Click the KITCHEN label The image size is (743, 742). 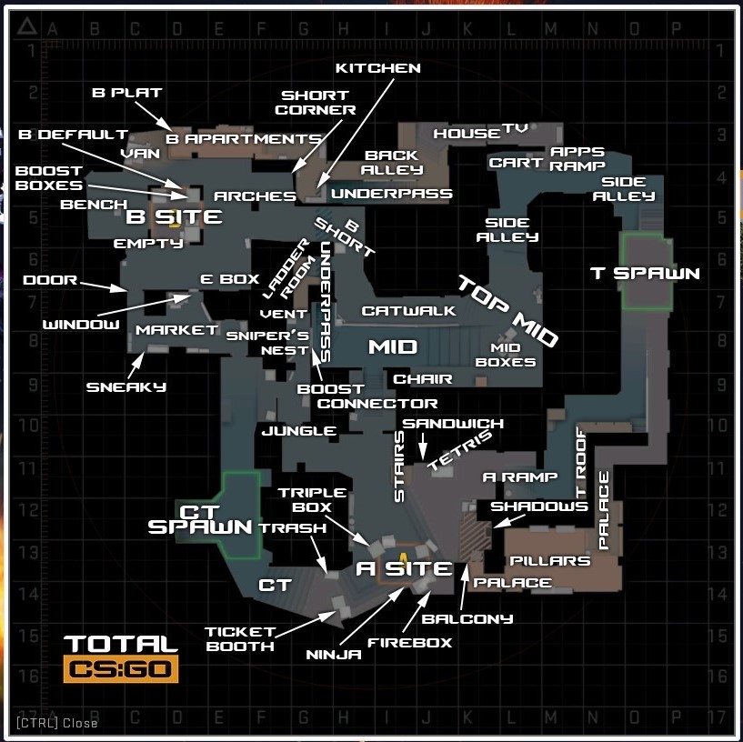click(x=378, y=68)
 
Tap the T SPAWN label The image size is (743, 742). click(x=645, y=274)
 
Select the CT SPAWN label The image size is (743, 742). click(x=199, y=519)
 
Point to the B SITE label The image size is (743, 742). click(x=174, y=217)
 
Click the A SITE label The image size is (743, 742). click(x=404, y=568)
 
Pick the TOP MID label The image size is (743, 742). click(x=508, y=310)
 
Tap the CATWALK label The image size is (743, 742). click(x=408, y=311)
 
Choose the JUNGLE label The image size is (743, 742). click(x=299, y=431)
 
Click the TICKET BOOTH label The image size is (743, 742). click(x=240, y=639)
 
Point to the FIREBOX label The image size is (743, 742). click(x=410, y=643)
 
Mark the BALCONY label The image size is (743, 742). click(x=467, y=619)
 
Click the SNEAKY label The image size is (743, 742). click(x=126, y=387)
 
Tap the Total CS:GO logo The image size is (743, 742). click(x=121, y=659)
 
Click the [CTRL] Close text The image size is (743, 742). click(x=57, y=723)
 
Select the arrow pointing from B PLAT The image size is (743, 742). click(x=154, y=116)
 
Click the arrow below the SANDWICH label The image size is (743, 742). click(x=423, y=446)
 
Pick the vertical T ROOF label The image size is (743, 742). click(x=581, y=463)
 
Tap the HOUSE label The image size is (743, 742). click(x=467, y=134)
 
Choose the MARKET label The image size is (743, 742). click(x=176, y=330)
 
